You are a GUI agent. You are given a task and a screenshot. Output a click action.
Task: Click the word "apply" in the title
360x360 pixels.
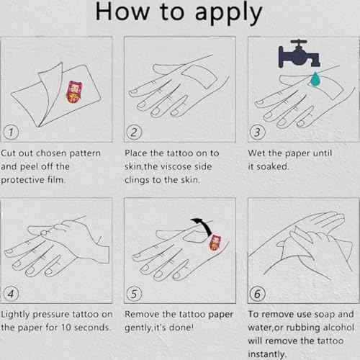(228, 12)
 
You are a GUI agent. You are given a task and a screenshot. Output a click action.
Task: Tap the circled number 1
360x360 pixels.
(11, 132)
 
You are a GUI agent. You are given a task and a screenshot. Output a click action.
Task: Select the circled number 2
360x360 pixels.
(134, 132)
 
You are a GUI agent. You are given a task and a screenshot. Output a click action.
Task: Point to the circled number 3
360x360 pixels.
(257, 132)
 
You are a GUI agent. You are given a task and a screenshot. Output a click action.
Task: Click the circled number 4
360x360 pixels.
(11, 294)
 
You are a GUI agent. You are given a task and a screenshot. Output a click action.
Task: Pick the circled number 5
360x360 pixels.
(134, 294)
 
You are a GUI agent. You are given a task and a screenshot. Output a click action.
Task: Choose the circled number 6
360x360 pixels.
(257, 294)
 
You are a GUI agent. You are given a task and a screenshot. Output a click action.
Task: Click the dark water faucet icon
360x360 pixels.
(299, 54)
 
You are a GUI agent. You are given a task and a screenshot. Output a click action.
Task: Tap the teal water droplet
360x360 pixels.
(315, 78)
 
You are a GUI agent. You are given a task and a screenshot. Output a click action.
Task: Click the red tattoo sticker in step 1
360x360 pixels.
(74, 92)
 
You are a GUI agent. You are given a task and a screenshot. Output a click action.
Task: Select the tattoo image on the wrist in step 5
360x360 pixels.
(215, 243)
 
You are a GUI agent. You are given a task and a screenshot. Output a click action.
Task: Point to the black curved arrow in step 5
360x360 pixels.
(204, 225)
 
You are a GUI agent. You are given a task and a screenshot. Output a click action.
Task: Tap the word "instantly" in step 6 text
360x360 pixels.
(266, 354)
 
